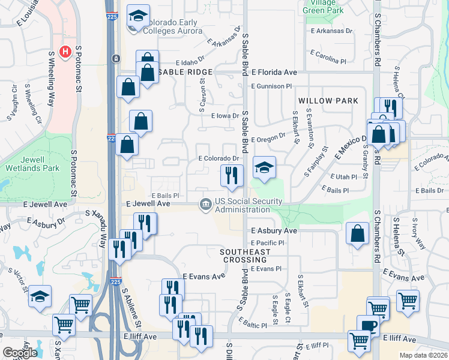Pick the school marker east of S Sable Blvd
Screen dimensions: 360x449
point(264,168)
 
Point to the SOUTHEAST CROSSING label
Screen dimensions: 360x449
point(245,256)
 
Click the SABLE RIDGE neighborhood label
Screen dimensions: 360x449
point(178,72)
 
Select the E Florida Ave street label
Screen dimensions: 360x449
point(274,72)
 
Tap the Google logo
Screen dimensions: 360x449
point(20,353)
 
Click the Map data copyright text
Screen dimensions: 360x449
point(423,355)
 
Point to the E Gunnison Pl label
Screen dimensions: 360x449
point(272,86)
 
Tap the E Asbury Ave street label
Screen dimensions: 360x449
point(274,230)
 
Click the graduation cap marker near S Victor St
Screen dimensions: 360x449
point(40,296)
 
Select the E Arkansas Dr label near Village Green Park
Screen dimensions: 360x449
point(330,31)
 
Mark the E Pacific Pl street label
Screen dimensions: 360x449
point(268,242)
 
